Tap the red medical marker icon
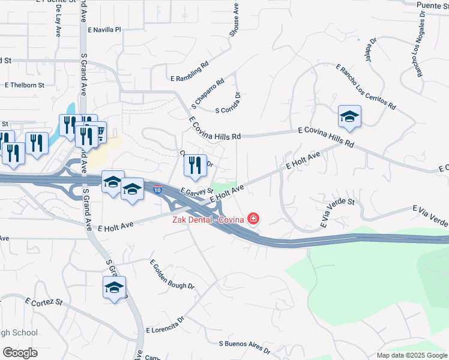click(x=254, y=218)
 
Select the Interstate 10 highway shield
click(x=157, y=189)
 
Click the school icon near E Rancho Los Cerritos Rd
click(x=349, y=117)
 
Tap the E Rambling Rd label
click(x=189, y=71)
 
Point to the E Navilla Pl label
click(x=104, y=29)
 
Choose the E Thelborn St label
click(x=25, y=85)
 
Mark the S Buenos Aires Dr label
click(x=244, y=347)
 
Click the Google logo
click(x=20, y=352)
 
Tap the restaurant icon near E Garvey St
click(x=194, y=166)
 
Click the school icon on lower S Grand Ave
click(x=114, y=288)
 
